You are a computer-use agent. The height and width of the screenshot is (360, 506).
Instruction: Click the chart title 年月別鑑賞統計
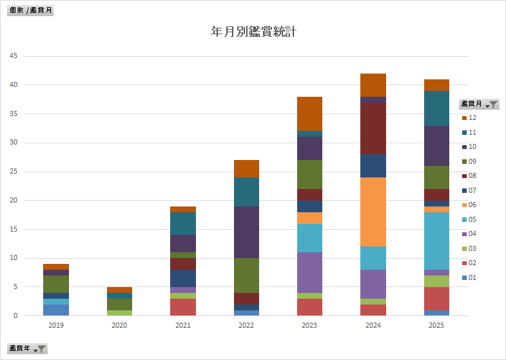coord(253,31)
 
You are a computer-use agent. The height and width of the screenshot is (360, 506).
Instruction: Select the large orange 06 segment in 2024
coord(373,212)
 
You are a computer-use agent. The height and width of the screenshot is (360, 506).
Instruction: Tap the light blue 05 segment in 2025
coord(436,241)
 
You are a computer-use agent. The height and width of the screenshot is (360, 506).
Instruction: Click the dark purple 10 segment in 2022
coord(246,232)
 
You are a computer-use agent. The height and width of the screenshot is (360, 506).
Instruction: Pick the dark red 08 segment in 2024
coord(373,128)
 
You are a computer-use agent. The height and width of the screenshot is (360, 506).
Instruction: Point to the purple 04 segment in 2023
coord(309,272)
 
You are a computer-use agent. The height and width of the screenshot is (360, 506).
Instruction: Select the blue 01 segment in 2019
coord(56,310)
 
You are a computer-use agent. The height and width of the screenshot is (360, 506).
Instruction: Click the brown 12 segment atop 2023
coord(309,114)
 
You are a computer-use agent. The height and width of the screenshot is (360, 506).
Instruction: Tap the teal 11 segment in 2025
coord(436,108)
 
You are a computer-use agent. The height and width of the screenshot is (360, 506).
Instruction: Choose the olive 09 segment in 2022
coord(246,275)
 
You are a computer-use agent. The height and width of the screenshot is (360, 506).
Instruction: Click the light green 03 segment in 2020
coord(119,313)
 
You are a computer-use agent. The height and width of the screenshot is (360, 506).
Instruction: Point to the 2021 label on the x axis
coord(183,326)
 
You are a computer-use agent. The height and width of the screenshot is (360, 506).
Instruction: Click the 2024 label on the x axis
coord(373,326)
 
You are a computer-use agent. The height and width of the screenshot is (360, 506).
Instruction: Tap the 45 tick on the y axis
coord(14,56)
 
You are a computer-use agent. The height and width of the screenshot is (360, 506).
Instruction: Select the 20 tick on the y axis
coord(14,201)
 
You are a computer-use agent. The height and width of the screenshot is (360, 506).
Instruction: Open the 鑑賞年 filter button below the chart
coord(27,349)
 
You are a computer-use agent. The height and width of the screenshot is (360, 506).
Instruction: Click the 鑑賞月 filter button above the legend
coord(479,104)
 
